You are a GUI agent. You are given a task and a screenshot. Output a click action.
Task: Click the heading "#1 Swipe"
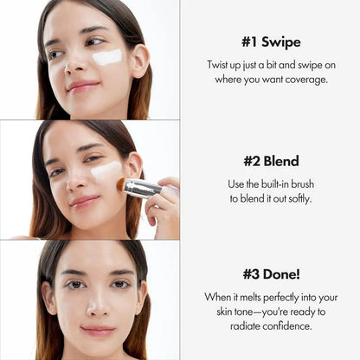tap(271, 41)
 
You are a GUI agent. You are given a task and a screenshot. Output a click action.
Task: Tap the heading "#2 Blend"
tap(271, 160)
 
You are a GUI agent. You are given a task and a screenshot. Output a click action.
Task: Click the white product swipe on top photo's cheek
tap(107, 58)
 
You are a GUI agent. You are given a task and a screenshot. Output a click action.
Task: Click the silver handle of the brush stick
tap(145, 189)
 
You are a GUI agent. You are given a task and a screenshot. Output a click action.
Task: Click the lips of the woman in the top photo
tap(82, 85)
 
